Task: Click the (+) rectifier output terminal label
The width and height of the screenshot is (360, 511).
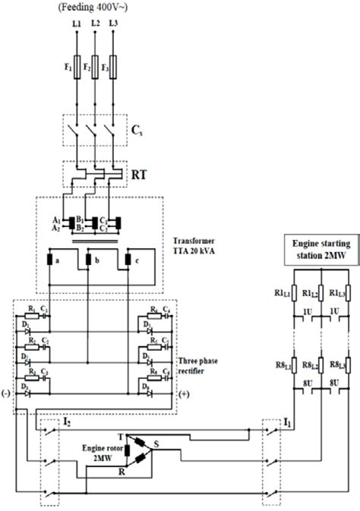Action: (x=183, y=396)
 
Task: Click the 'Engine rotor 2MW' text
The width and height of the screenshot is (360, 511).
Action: (x=103, y=454)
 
